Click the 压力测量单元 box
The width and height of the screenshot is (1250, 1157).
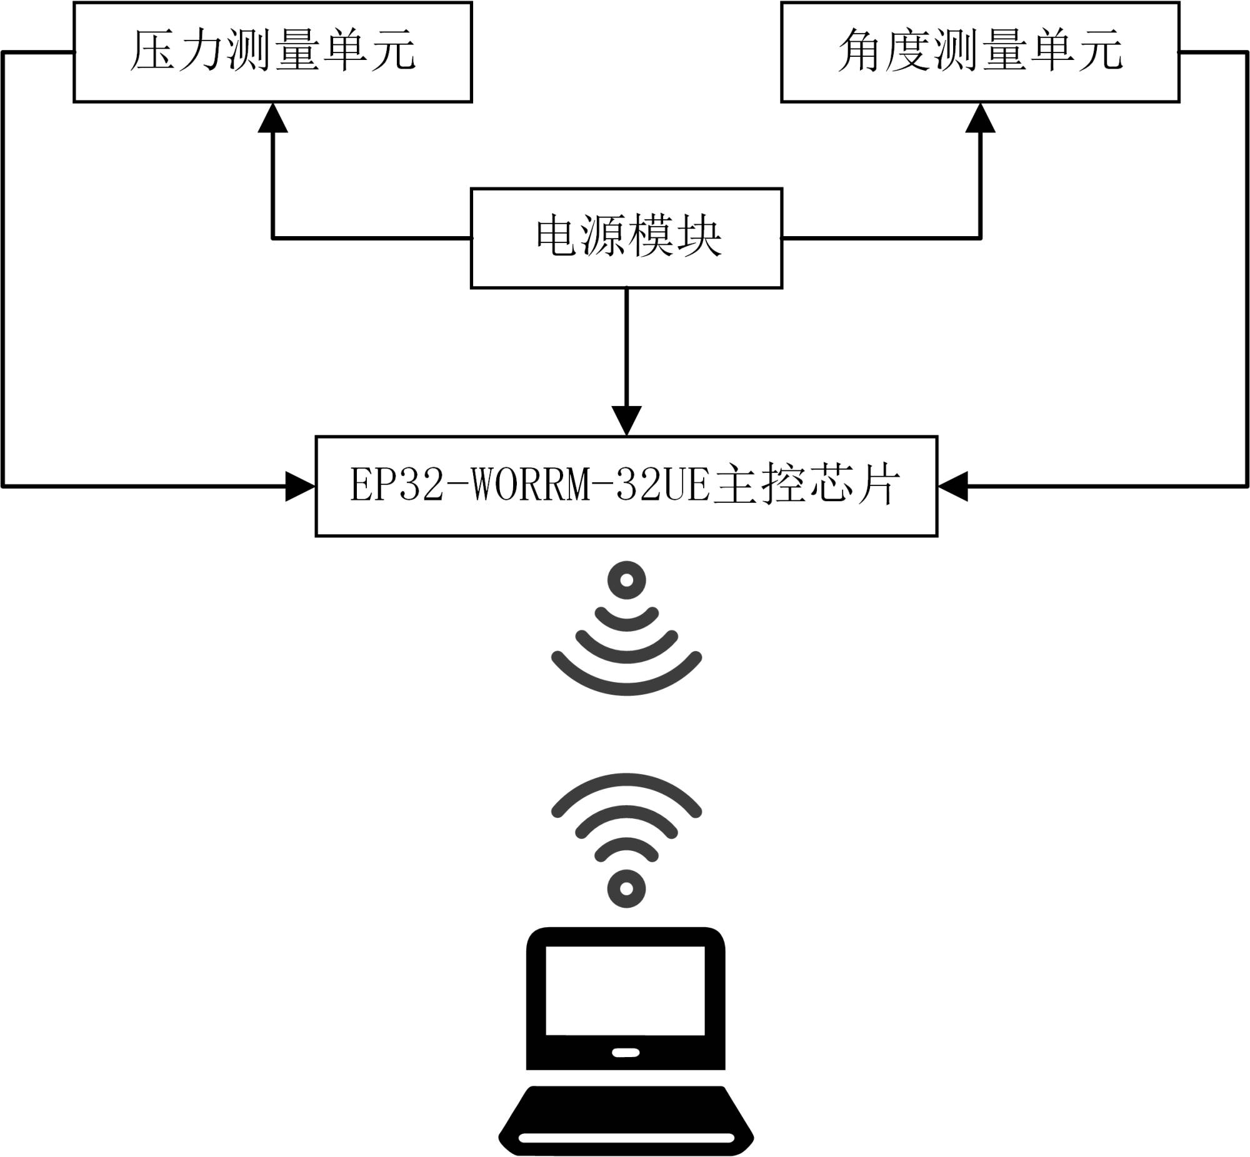point(272,52)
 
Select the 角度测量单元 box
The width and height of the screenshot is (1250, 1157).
point(980,52)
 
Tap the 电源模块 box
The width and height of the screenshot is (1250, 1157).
point(626,238)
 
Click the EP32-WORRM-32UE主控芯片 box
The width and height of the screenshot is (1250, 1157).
point(626,486)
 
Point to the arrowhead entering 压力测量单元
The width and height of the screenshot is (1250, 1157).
point(273,118)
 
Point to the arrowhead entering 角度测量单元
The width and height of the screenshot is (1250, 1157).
point(980,118)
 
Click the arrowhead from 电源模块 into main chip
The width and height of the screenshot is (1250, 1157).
point(626,420)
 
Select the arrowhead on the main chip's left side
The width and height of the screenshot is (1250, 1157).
point(300,487)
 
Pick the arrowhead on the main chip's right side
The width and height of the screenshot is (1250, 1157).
point(953,487)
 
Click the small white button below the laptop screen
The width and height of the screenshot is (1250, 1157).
point(625,1053)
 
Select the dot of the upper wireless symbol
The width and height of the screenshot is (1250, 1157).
point(626,580)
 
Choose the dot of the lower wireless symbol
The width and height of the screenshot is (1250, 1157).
point(626,888)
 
